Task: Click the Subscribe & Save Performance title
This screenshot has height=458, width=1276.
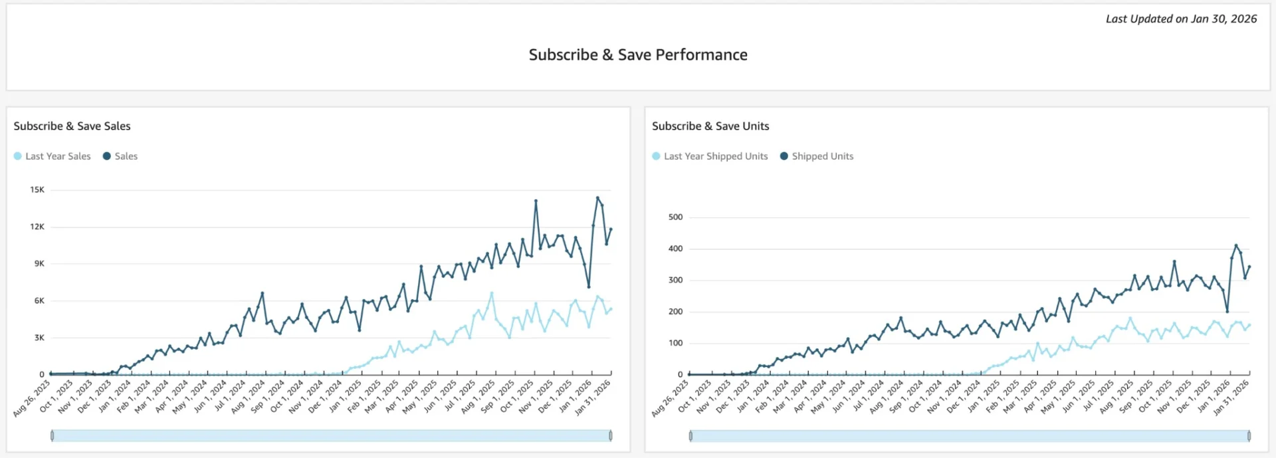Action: (x=637, y=55)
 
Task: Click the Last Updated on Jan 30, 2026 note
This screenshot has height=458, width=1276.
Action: (x=1181, y=19)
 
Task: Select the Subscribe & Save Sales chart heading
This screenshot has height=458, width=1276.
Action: (x=72, y=126)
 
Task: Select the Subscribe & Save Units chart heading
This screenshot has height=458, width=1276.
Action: (x=710, y=126)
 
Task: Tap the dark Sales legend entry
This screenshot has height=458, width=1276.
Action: (x=120, y=156)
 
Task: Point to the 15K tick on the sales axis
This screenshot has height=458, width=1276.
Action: (x=37, y=190)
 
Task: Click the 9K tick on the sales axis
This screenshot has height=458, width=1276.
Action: (x=39, y=264)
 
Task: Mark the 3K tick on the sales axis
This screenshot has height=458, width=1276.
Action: (x=39, y=338)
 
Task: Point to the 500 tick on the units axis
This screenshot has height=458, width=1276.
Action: (x=675, y=217)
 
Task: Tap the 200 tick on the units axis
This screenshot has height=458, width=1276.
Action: (x=675, y=312)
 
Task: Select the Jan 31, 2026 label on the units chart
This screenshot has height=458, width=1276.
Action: (x=1231, y=398)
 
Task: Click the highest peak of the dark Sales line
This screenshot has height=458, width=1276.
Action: (x=597, y=198)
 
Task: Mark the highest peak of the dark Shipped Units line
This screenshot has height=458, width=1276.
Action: (x=1236, y=246)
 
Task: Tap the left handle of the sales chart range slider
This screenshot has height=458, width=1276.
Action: (x=53, y=436)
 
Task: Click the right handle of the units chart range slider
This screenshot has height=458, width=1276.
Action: (x=1249, y=436)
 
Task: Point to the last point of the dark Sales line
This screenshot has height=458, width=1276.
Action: (x=611, y=229)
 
